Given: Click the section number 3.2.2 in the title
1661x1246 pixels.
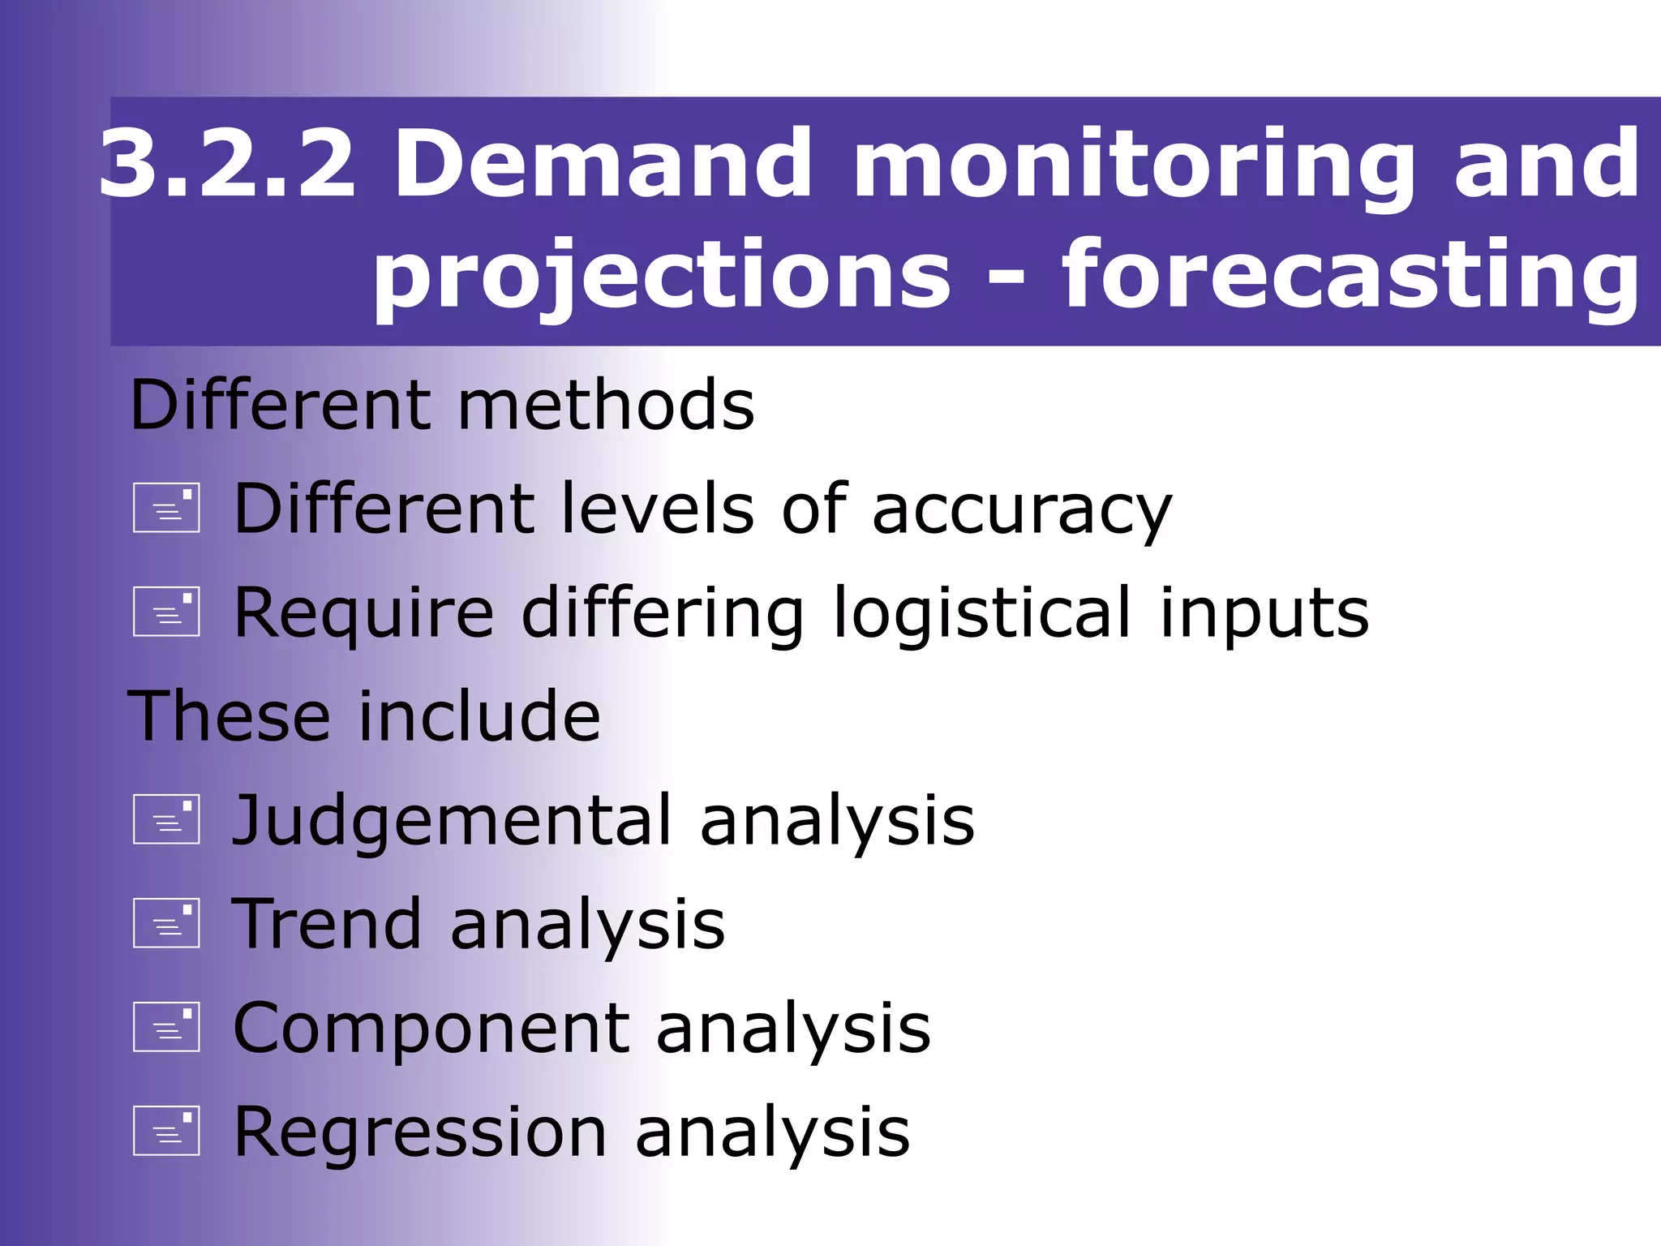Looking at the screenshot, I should (227, 165).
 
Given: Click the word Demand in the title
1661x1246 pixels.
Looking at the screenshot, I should (603, 165).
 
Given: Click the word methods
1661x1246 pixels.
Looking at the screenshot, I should (606, 405).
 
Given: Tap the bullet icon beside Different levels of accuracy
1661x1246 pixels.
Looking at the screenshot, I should (166, 508).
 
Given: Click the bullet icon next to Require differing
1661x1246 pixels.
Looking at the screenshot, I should (166, 611).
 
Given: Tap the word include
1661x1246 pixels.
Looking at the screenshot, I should (479, 715).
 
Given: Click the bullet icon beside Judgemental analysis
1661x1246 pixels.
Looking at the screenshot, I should (166, 818).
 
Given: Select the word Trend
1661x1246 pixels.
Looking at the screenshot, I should (326, 924).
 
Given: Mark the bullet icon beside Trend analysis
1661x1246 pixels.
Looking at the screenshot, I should (166, 923).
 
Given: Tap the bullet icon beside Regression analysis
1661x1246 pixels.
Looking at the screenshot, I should (166, 1130).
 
